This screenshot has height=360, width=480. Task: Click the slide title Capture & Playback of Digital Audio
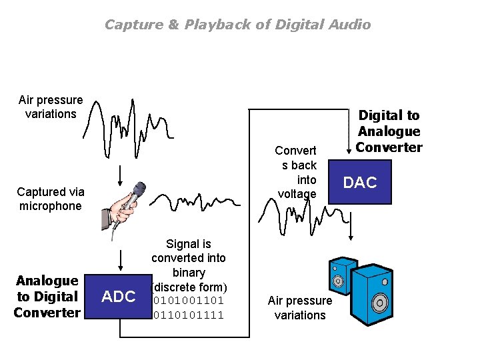point(237,25)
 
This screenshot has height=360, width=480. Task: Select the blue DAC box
point(360,182)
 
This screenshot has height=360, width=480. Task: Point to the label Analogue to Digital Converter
point(47,297)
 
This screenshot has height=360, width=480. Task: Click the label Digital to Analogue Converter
point(389,131)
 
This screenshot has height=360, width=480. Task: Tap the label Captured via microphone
point(50,199)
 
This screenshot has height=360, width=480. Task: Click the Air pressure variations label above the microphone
point(51,107)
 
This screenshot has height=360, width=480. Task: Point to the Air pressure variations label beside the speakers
point(300,308)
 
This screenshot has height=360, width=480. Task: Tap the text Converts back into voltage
point(297,172)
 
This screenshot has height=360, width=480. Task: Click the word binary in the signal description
point(189,273)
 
